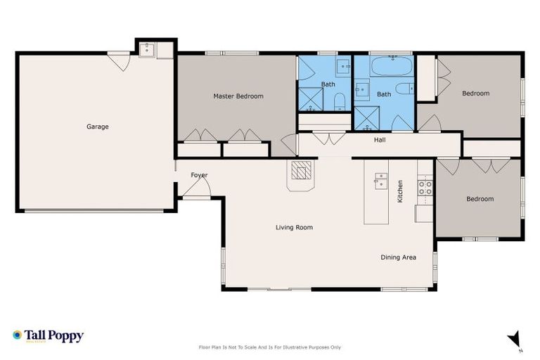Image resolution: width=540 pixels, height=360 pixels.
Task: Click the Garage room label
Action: coord(97,127)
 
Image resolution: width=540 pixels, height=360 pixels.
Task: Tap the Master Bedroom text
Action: coord(238,96)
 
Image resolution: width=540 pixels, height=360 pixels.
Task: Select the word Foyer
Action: coord(199,175)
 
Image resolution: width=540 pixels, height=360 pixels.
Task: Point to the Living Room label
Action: coord(293,227)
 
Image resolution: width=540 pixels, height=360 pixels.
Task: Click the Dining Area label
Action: coord(398,257)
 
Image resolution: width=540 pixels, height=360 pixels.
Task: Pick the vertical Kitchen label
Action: coord(400,191)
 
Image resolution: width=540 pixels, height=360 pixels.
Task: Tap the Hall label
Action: coord(380,140)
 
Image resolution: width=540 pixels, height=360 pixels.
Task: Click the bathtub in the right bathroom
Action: coord(392,67)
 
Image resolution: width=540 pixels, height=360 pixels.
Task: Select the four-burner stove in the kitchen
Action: coord(425,188)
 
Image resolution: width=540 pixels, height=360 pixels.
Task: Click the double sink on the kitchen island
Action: coord(380,181)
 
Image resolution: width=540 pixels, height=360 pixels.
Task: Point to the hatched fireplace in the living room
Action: coord(302,172)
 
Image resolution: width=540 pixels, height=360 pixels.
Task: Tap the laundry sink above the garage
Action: coord(148,49)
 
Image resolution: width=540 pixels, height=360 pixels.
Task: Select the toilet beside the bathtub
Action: coord(404,89)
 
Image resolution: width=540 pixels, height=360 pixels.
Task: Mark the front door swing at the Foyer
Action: coord(200,187)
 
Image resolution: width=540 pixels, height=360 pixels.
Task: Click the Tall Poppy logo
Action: coord(48,335)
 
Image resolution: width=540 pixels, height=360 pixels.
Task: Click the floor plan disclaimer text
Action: coord(270,347)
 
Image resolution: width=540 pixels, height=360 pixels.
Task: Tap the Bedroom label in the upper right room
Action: coord(475,94)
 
